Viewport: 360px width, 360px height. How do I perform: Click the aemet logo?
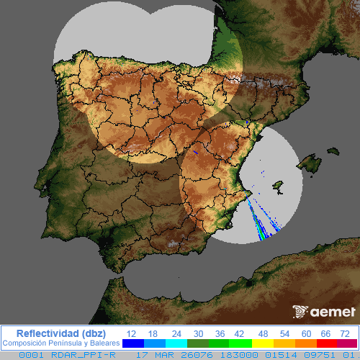(325, 312)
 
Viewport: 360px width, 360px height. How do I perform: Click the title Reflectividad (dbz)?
(60, 333)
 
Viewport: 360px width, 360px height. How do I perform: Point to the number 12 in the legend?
(131, 333)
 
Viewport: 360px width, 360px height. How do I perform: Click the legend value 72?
(346, 333)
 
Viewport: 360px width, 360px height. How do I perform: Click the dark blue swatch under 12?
(132, 343)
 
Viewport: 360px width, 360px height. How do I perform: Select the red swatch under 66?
(326, 343)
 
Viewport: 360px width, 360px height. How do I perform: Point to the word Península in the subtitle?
(62, 343)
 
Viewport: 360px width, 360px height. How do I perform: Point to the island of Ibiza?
(274, 189)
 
